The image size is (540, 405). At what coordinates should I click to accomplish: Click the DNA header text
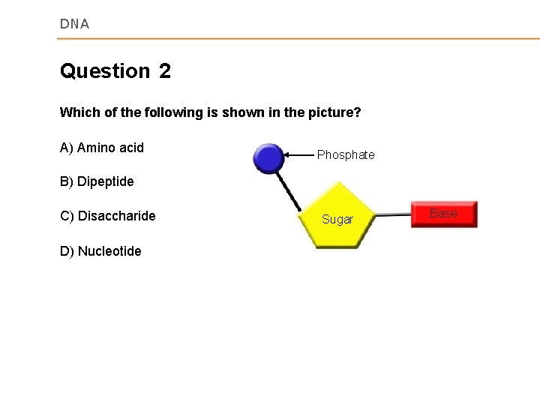tap(74, 24)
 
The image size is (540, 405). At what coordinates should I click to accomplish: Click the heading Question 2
tap(115, 71)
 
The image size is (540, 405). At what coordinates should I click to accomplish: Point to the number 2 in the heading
tap(165, 71)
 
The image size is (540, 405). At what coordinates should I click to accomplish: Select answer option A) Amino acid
tap(101, 148)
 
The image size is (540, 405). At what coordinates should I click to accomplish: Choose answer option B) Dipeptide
tap(97, 181)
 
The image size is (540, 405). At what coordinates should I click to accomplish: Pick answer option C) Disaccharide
tap(107, 216)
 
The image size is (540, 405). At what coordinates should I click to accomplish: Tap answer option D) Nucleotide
tap(100, 251)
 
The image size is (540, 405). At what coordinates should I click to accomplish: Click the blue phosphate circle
tap(268, 158)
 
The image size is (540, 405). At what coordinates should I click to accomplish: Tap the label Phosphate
tap(346, 155)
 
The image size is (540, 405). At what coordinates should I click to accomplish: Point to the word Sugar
tap(337, 219)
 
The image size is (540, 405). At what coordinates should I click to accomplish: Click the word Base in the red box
tap(442, 214)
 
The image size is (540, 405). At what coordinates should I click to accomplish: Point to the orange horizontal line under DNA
tap(300, 38)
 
